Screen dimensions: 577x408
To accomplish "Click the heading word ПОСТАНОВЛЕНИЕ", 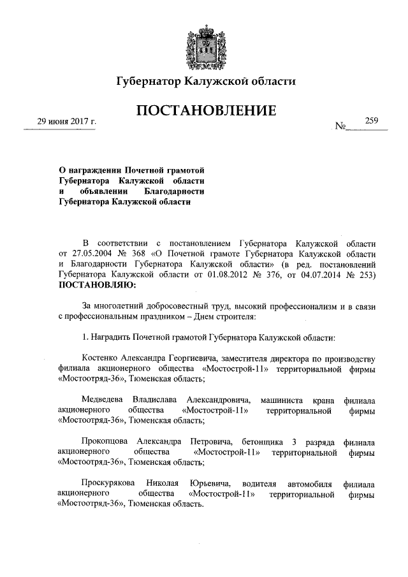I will [x=204, y=112].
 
